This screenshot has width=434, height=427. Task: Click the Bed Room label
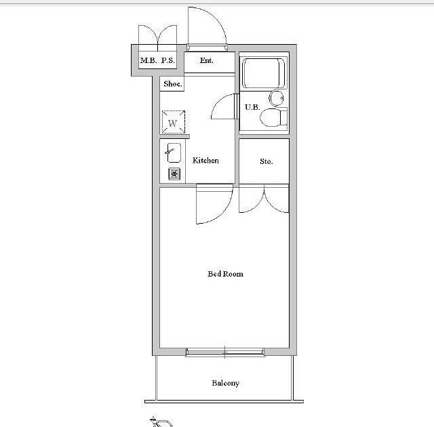coord(225,274)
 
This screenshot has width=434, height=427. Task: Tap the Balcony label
coord(225,383)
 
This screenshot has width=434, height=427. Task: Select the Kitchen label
coord(205,160)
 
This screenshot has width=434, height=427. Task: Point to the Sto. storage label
coord(267,161)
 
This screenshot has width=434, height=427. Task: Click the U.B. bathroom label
coord(252,107)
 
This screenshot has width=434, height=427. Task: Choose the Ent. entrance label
coord(206,60)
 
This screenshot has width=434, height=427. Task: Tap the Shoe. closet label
coord(173,83)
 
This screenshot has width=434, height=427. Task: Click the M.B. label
coord(149,60)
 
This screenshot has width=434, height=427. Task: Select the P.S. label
coord(167,60)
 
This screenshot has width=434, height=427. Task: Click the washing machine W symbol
coord(174,122)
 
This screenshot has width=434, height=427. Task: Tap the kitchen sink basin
coord(174,152)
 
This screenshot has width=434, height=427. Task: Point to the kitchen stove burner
coord(174,174)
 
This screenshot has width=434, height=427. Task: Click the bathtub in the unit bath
coord(264,73)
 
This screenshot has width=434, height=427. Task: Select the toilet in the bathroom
coord(273,117)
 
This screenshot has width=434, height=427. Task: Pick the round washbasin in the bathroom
coord(276,98)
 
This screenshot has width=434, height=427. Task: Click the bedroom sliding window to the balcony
coord(224,352)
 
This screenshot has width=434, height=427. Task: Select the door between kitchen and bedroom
coord(214,204)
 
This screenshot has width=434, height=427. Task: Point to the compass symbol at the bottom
coord(161,422)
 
